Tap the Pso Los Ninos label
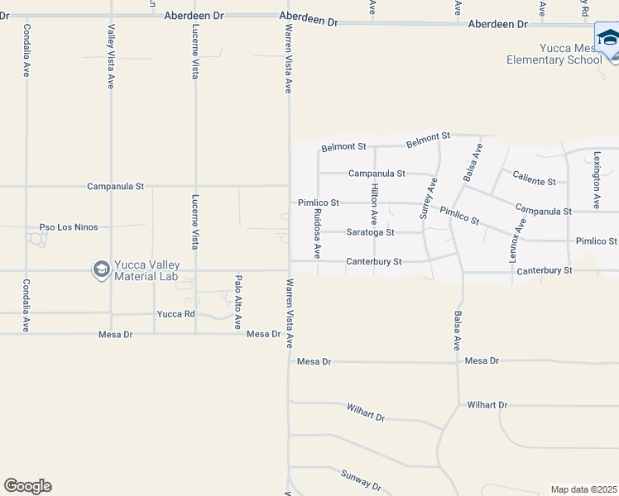pyautogui.click(x=69, y=227)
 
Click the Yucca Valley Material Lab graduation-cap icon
pyautogui.click(x=101, y=269)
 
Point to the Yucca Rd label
pyautogui.click(x=175, y=314)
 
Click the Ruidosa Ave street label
pyautogui.click(x=317, y=232)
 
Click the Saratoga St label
pyautogui.click(x=370, y=233)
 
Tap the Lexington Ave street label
pyautogui.click(x=596, y=179)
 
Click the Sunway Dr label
pyautogui.click(x=361, y=480)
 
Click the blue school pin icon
pyautogui.click(x=608, y=40)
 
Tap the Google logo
pyautogui.click(x=27, y=486)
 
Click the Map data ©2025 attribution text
pyautogui.click(x=583, y=489)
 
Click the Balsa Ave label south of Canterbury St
pyautogui.click(x=457, y=331)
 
